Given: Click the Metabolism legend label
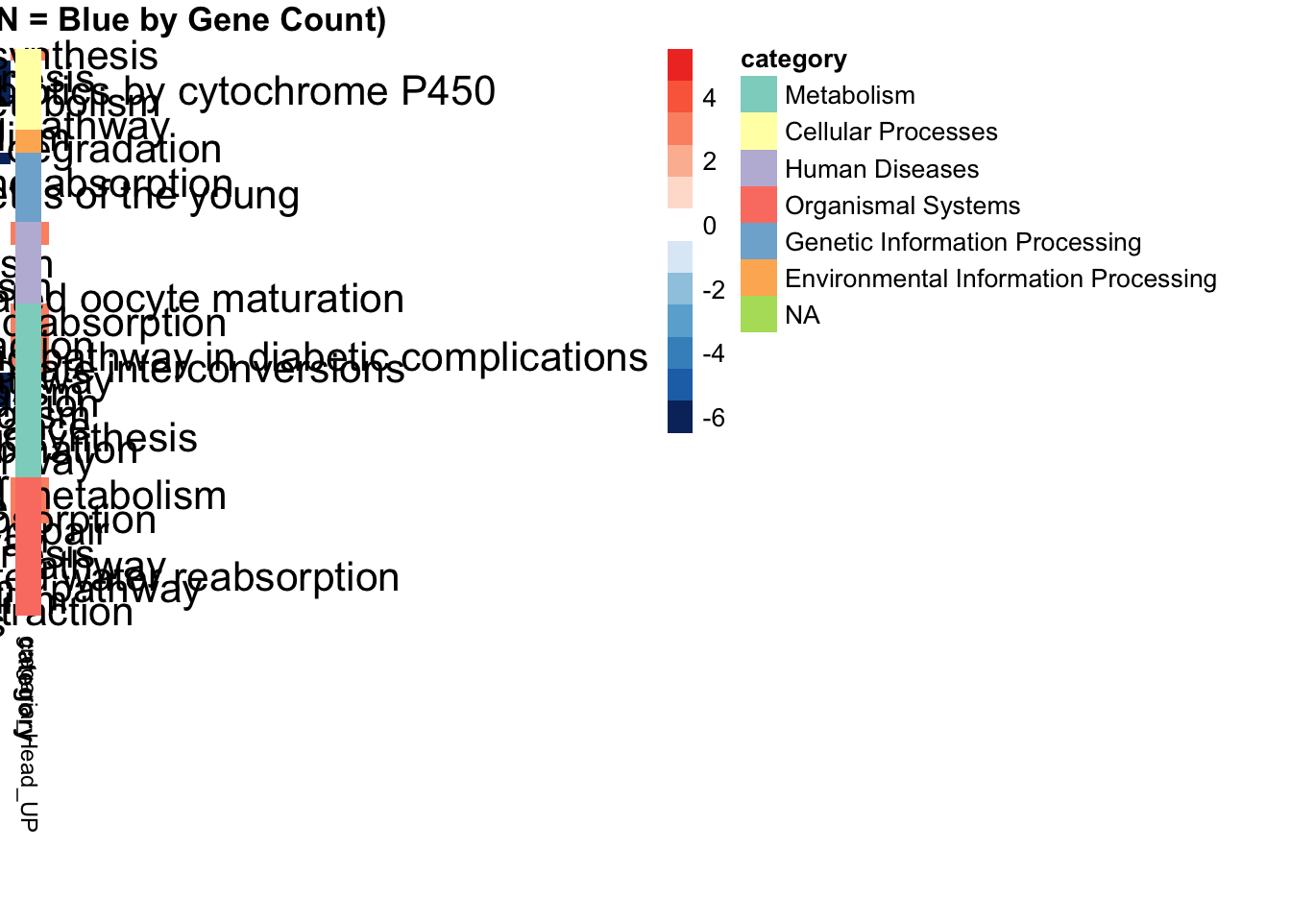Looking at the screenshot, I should coord(849,95).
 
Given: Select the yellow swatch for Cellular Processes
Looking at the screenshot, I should coord(759,132).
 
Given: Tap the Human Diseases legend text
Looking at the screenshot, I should coord(881,169).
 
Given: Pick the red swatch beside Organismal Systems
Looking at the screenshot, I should coord(759,205).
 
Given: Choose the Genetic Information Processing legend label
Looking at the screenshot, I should coord(962,242).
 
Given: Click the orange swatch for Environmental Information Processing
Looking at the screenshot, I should coord(759,279).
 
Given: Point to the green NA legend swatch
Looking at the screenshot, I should coord(759,315).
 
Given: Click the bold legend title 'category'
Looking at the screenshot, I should coord(793,60).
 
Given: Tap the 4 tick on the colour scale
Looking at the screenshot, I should coord(709,98).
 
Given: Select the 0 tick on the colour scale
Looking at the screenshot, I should coord(709,226).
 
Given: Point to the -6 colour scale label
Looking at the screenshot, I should coord(714,418).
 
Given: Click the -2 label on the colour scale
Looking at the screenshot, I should coord(714,290).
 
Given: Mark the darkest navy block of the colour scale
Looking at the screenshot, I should coord(680,417).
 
